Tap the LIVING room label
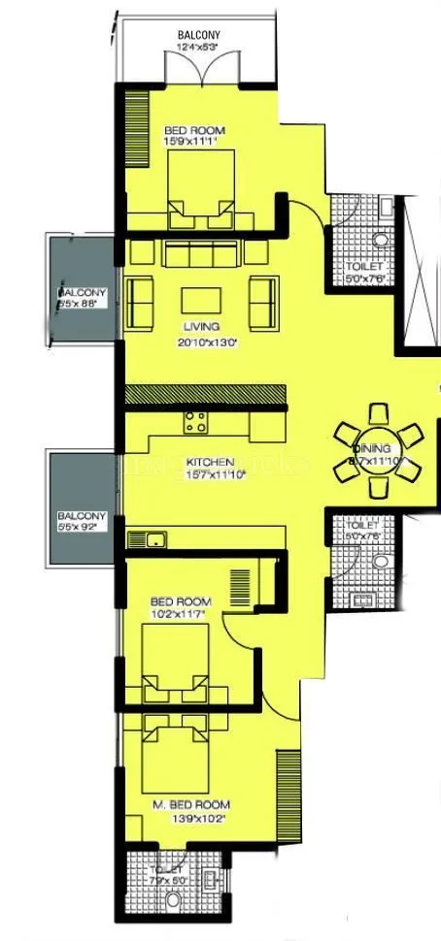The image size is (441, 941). coord(200,327)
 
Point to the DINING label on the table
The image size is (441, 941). coord(372,449)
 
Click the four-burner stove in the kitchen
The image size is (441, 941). coord(195,422)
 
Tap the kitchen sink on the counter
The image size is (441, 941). coord(148,539)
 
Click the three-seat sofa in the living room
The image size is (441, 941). coord(200,254)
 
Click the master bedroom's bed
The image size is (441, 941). coord(178,755)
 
